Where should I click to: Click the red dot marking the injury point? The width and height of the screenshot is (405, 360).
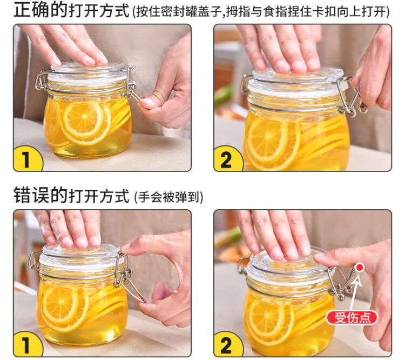point(359,268)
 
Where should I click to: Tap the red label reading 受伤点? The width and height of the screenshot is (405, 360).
point(352,318)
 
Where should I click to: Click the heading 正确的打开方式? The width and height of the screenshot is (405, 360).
point(71,10)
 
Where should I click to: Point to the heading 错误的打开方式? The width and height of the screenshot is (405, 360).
point(71,196)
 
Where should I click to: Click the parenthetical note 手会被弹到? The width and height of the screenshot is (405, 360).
point(169,197)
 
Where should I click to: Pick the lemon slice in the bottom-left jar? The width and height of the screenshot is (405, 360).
point(60,304)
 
